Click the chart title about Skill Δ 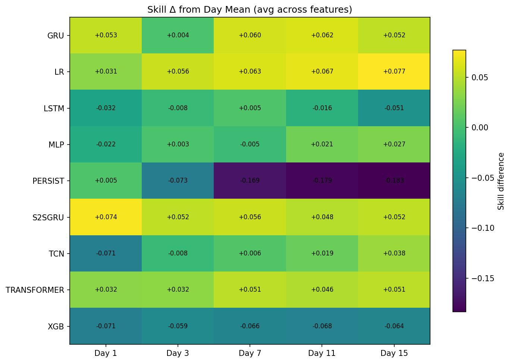pos(250,9)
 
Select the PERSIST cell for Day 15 pos(394,180)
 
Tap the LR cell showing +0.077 pos(394,71)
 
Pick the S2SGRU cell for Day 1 pos(106,217)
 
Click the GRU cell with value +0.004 pos(178,35)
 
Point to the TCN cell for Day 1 pos(106,253)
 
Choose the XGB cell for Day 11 pos(322,326)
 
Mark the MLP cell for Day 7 pos(250,144)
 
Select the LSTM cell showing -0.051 pos(394,108)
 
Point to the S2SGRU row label pos(48,217)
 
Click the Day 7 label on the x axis pos(250,353)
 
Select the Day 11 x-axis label pos(322,353)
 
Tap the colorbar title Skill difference pos(501,181)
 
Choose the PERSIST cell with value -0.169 pos(250,180)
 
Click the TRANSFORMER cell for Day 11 pos(322,289)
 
